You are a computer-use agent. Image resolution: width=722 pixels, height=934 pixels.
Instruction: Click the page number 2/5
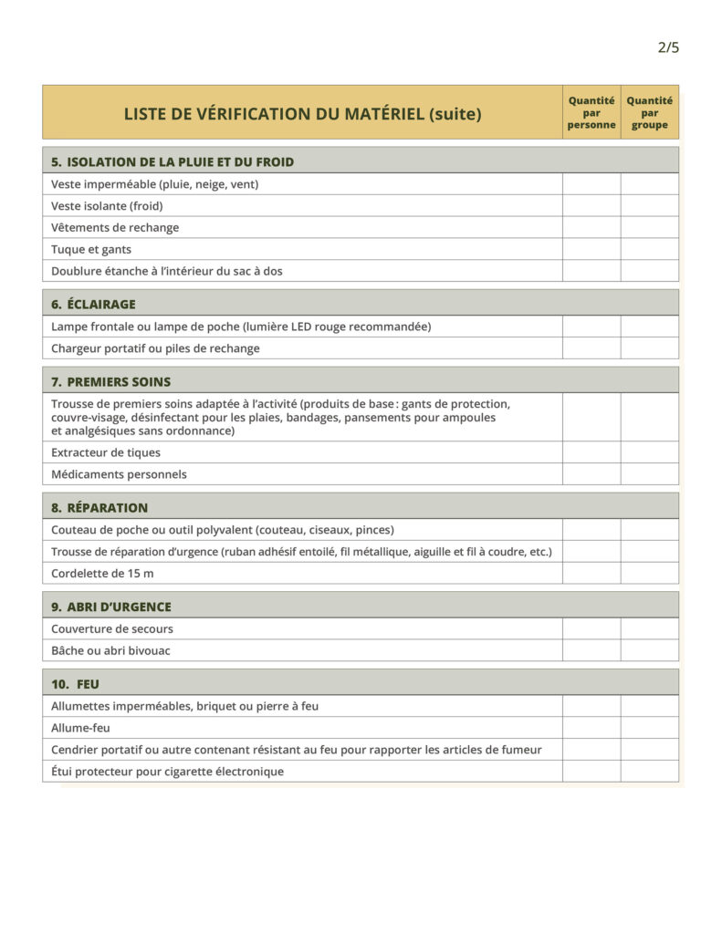[668, 47]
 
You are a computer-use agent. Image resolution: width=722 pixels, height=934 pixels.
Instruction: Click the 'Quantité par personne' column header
[591, 112]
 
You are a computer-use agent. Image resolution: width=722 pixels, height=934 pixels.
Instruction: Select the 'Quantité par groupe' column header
[650, 112]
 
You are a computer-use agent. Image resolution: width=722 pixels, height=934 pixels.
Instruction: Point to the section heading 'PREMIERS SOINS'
[118, 381]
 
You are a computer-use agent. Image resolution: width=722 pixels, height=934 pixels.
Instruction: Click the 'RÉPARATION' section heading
[107, 507]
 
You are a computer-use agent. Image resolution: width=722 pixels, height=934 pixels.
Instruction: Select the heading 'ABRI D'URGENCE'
[119, 607]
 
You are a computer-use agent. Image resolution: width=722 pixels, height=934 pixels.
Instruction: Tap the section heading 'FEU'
[89, 684]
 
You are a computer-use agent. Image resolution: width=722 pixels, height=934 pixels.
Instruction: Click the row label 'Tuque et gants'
[91, 249]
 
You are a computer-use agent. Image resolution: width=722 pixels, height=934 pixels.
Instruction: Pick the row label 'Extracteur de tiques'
[106, 452]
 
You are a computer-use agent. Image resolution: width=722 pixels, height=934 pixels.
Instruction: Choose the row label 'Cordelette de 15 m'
[102, 573]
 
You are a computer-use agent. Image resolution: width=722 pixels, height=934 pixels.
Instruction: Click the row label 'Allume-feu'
[80, 728]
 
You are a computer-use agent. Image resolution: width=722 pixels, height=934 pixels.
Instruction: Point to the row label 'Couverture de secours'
[112, 628]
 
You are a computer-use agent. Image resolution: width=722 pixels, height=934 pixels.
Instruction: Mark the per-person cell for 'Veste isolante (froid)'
[591, 205]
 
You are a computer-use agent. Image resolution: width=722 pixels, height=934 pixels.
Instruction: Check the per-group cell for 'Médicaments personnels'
[650, 474]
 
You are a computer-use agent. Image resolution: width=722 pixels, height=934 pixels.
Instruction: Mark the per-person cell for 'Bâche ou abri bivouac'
[591, 650]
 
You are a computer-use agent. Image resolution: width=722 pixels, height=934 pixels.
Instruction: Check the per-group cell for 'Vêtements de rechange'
[650, 227]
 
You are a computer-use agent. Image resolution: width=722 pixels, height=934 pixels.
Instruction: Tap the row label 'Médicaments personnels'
[119, 474]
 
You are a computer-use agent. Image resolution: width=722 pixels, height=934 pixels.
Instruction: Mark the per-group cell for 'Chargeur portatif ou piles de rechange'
[650, 348]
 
